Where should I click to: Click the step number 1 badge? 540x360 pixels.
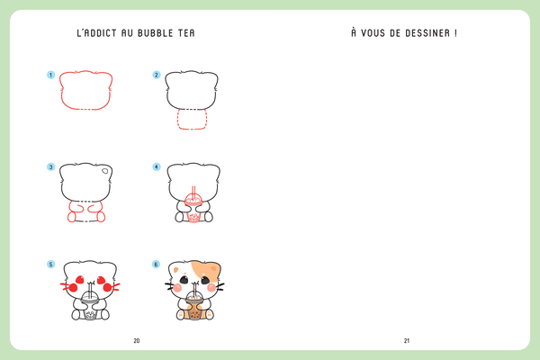(x=50, y=75)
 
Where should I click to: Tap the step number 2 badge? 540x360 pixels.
(x=157, y=75)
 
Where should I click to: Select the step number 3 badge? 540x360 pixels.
(x=50, y=166)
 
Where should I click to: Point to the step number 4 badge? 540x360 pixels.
(x=157, y=166)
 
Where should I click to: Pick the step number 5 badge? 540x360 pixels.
(x=50, y=265)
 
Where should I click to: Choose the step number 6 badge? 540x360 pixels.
(x=156, y=265)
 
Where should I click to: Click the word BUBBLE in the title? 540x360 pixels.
(x=155, y=33)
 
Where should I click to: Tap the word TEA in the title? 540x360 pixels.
(x=186, y=33)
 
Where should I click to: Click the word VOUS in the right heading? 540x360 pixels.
(x=373, y=33)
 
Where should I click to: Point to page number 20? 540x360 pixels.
(x=137, y=341)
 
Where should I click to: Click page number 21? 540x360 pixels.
(x=407, y=341)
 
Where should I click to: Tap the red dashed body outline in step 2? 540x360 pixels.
(x=178, y=119)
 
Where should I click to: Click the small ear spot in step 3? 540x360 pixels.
(x=104, y=171)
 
